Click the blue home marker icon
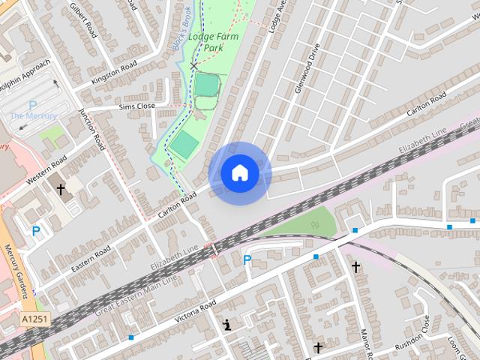(239, 173)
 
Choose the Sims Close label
(136, 106)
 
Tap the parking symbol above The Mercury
(32, 105)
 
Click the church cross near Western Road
(61, 190)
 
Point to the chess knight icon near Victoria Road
(226, 325)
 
